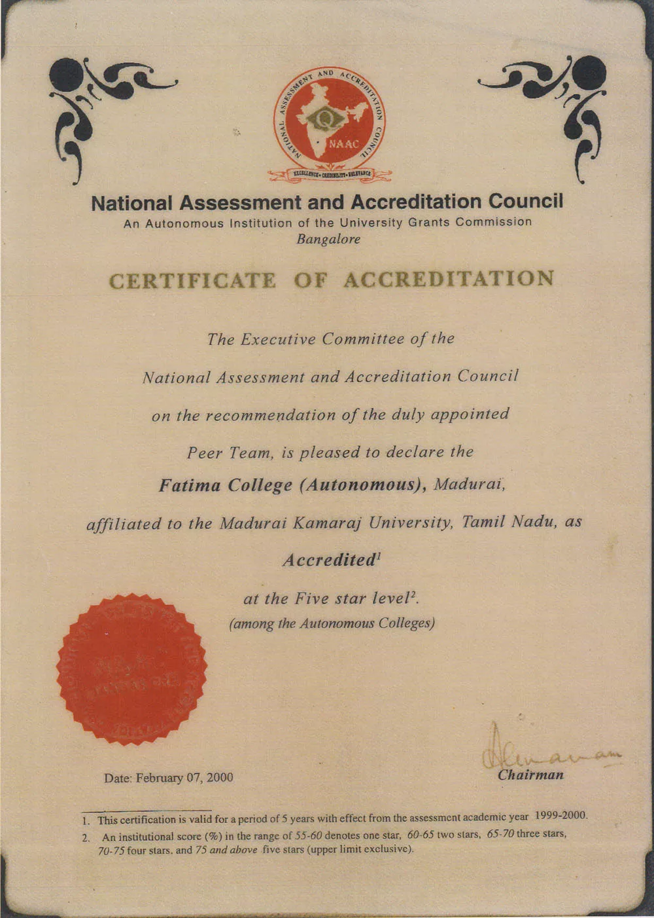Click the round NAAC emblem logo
[329, 124]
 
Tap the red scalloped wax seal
[131, 669]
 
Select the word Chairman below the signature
[530, 775]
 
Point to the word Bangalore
[328, 240]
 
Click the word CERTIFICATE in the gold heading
[192, 281]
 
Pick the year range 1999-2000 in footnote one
[561, 816]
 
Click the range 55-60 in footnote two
[309, 835]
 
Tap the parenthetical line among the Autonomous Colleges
[332, 623]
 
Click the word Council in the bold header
[526, 201]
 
